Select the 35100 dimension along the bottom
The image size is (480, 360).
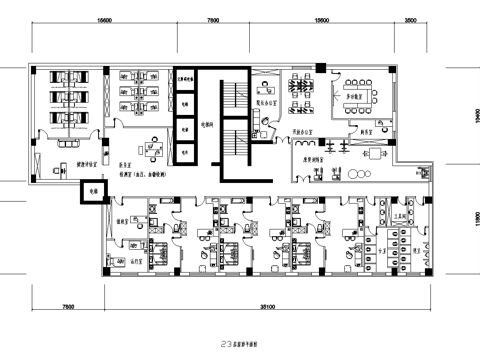[266, 296]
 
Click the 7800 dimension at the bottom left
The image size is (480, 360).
[67, 296]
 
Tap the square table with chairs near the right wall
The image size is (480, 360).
[377, 156]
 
